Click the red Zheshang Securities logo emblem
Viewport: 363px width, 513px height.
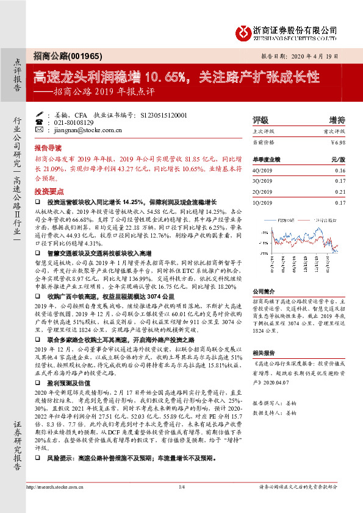(x=242, y=30)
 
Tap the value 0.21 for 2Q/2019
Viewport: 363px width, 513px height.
(x=340, y=191)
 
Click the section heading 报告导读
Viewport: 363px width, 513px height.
(x=48, y=148)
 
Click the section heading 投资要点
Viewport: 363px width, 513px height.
(x=48, y=190)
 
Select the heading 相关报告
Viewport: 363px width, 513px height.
(x=264, y=353)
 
